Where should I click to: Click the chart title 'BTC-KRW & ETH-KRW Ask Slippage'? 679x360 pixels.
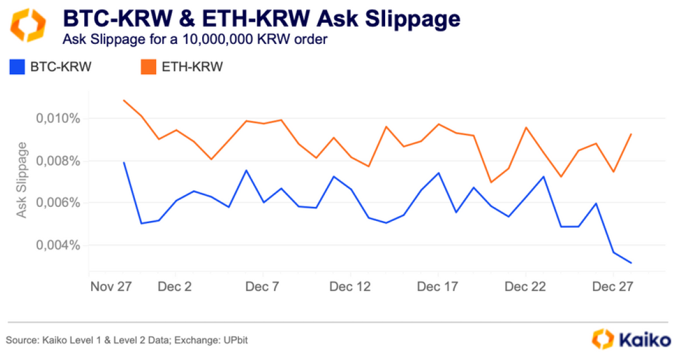point(261,19)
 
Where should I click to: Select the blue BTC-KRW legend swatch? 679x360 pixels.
point(17,67)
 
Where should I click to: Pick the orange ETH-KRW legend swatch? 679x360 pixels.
point(148,67)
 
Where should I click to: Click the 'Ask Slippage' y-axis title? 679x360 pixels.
point(22,180)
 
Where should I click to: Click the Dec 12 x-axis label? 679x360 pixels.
point(350,288)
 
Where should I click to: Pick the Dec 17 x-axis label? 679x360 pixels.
point(438,288)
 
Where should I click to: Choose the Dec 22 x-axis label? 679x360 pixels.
point(525,288)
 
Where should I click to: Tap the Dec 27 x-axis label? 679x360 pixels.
point(612,288)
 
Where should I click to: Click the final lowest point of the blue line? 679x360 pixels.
point(630,263)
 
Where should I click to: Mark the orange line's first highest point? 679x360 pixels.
point(124,100)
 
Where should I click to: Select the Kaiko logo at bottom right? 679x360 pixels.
point(629,339)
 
